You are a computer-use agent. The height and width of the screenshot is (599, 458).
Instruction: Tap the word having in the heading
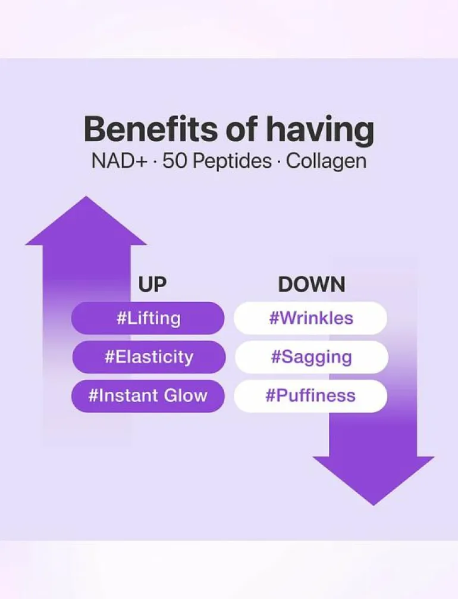pyautogui.click(x=320, y=131)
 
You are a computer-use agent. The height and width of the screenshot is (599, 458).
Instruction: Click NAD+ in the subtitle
pyautogui.click(x=119, y=161)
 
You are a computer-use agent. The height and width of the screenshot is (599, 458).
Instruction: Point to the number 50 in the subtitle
pyautogui.click(x=174, y=161)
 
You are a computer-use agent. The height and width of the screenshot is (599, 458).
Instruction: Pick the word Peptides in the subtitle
pyautogui.click(x=231, y=162)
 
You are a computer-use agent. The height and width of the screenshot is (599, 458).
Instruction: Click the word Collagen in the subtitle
pyautogui.click(x=327, y=162)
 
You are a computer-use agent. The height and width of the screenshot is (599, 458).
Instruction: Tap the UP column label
pyautogui.click(x=152, y=284)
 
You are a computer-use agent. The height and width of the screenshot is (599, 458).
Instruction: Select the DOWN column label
pyautogui.click(x=312, y=284)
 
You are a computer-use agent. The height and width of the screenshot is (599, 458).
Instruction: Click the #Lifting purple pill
pyautogui.click(x=148, y=318)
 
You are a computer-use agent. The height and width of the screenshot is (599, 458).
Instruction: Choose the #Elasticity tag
pyautogui.click(x=149, y=357)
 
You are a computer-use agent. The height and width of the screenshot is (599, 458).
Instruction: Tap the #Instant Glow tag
pyautogui.click(x=148, y=396)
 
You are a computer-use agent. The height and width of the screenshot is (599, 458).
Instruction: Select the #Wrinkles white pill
pyautogui.click(x=310, y=318)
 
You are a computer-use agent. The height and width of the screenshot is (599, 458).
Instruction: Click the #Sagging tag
pyautogui.click(x=312, y=357)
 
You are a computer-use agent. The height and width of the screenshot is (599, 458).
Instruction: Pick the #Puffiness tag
pyautogui.click(x=310, y=396)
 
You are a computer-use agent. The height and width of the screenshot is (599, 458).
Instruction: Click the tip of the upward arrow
pyautogui.click(x=86, y=196)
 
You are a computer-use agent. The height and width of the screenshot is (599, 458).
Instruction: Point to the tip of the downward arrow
pyautogui.click(x=374, y=506)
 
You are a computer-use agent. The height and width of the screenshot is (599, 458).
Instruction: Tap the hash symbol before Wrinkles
pyautogui.click(x=274, y=318)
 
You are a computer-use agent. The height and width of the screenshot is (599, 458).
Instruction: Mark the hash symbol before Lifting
pyautogui.click(x=121, y=318)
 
